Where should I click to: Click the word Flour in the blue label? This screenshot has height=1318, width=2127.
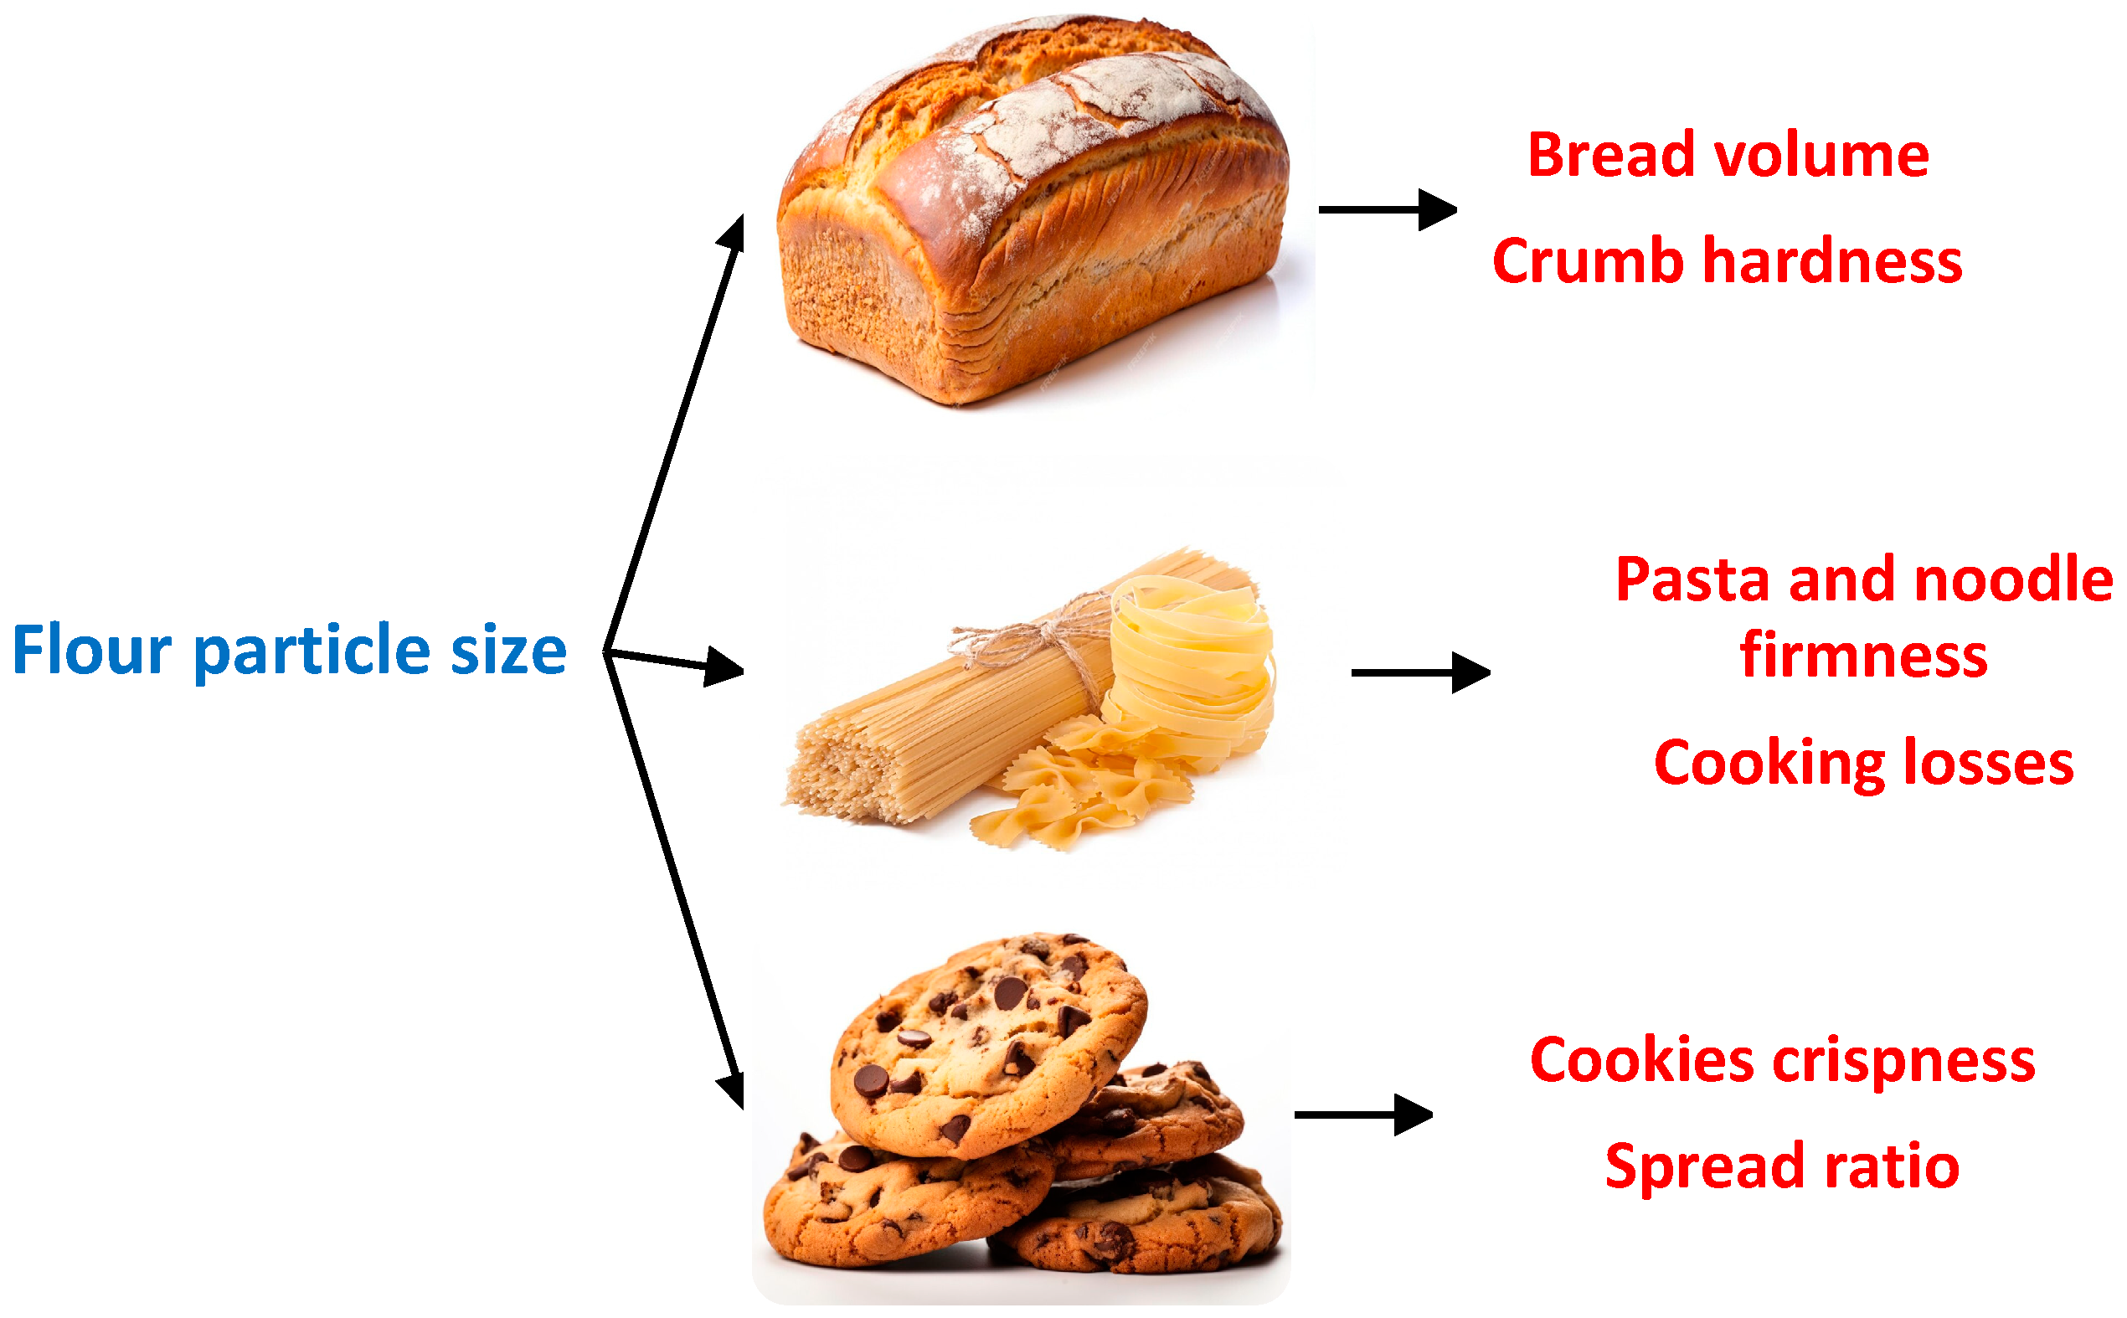(92, 651)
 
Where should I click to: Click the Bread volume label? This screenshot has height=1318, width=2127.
(1728, 155)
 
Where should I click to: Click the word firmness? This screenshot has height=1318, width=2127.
(1864, 655)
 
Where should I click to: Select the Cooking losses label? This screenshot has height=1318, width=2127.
(1863, 763)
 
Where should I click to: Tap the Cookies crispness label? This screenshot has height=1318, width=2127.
(1782, 1060)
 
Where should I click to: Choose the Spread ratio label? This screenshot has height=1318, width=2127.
(1782, 1166)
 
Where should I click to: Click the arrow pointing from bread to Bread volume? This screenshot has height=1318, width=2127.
(1386, 209)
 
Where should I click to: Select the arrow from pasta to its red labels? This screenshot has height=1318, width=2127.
(1419, 672)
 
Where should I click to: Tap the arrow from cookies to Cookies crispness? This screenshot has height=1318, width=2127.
(1362, 1114)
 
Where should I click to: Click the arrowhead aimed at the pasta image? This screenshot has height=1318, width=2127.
(724, 667)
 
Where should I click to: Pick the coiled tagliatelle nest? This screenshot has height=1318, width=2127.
(1190, 662)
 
